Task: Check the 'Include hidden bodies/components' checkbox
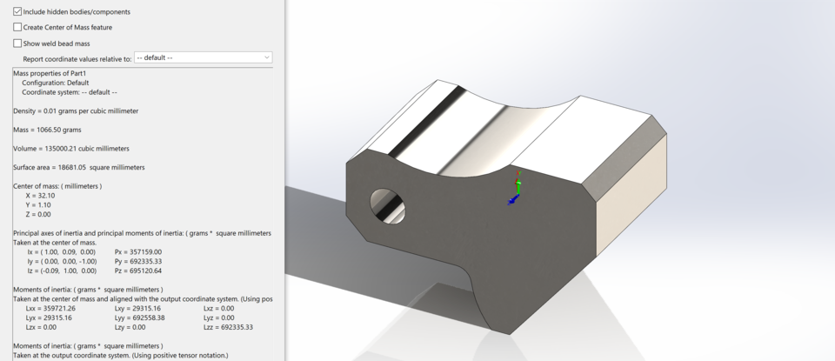[18, 11]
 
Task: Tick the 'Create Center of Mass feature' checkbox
[18, 27]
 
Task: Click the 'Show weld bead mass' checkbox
[18, 43]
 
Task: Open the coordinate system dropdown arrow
[266, 57]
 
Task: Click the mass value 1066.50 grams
[59, 130]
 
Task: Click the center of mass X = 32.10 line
[40, 196]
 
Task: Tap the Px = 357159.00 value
[138, 251]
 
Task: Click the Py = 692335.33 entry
[138, 261]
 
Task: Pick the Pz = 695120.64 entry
[138, 271]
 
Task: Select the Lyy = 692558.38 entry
[138, 318]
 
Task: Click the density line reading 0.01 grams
[76, 111]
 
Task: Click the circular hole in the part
[387, 204]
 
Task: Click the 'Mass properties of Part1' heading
[50, 74]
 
